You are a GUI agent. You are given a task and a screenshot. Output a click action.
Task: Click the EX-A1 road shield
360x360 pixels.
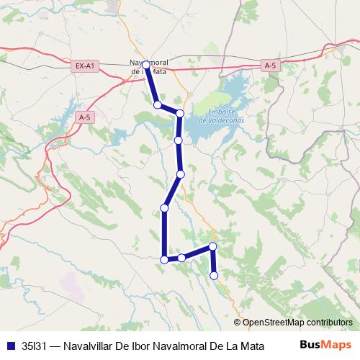85,66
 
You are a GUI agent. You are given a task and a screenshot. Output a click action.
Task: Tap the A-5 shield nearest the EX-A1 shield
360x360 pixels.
84,117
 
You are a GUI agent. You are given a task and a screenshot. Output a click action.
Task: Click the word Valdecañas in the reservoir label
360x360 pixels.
222,120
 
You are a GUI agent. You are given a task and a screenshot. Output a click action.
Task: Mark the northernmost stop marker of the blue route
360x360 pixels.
146,65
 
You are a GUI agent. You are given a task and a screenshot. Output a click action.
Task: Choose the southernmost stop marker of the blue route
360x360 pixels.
214,275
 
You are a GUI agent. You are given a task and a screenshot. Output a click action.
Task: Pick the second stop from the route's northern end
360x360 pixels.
157,105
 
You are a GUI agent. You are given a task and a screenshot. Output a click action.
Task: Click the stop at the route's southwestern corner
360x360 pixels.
165,260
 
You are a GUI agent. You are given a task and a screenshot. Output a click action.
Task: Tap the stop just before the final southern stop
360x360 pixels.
212,247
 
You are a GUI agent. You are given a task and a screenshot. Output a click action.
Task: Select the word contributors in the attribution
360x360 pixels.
327,323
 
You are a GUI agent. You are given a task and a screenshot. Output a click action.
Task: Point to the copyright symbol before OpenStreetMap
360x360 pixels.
238,323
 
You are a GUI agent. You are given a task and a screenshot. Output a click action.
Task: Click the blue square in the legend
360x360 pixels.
10,345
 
